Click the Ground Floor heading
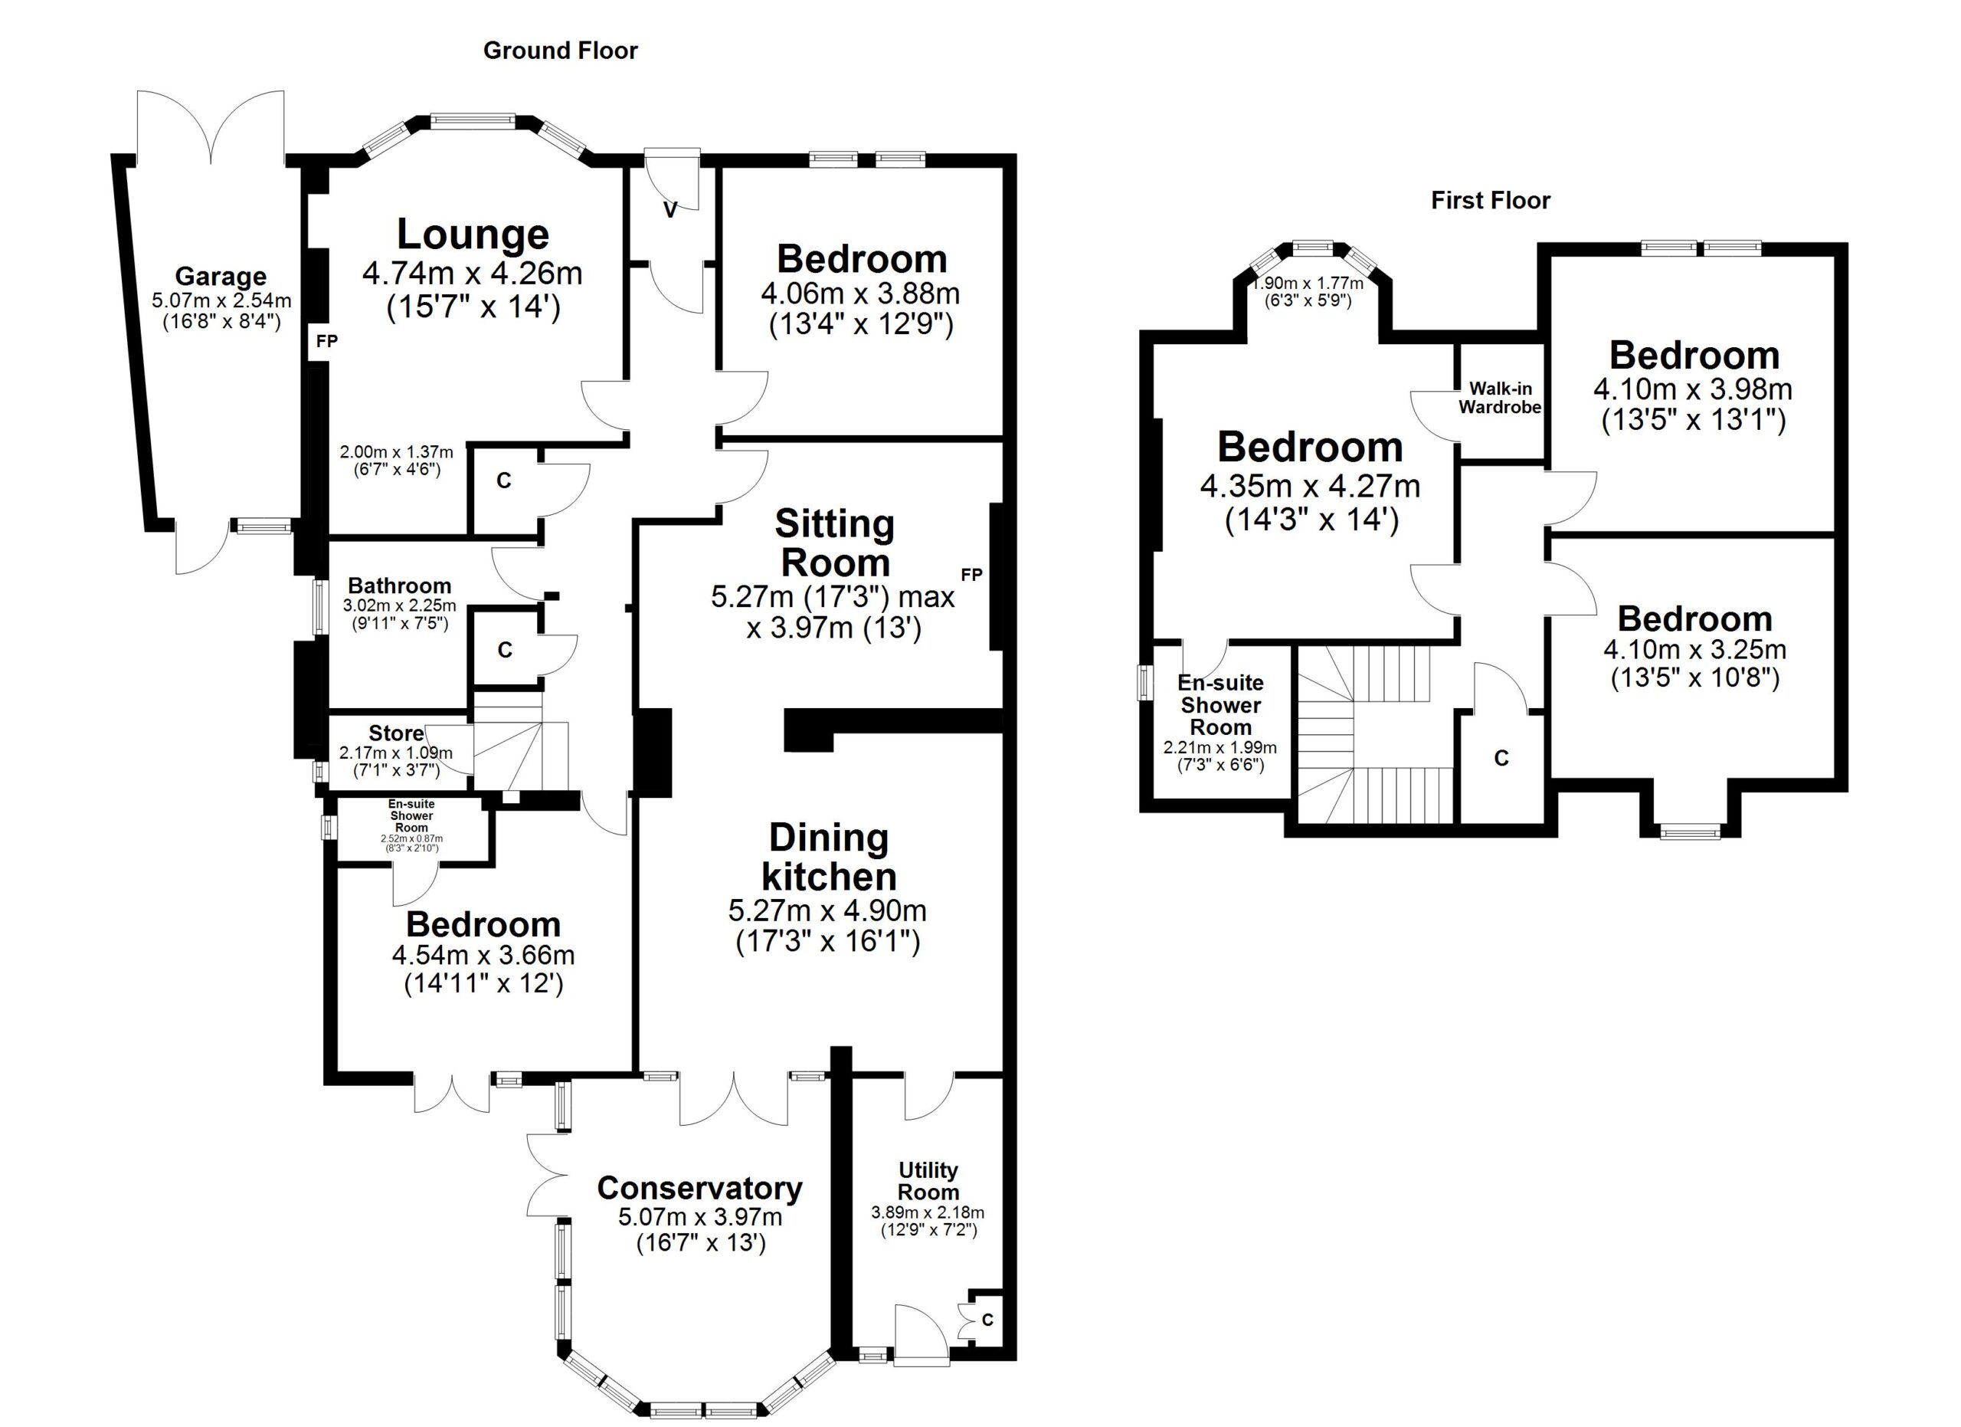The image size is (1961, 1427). click(x=559, y=51)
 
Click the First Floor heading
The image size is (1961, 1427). click(x=1490, y=201)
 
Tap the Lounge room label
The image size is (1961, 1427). click(x=472, y=235)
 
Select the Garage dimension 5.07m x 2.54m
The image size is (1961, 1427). click(x=221, y=301)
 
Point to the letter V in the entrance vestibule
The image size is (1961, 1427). click(x=669, y=209)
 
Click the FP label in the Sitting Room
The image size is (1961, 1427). click(x=971, y=574)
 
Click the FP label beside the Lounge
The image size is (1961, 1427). click(x=326, y=341)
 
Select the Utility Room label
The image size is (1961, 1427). click(x=928, y=1180)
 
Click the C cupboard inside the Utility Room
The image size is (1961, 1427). click(x=987, y=1320)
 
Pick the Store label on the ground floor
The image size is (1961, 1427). click(x=396, y=733)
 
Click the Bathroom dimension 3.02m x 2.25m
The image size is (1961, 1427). click(x=399, y=605)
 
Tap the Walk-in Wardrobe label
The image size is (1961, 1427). click(x=1500, y=398)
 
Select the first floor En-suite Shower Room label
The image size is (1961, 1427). click(x=1220, y=705)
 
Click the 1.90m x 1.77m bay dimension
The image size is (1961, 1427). click(x=1308, y=283)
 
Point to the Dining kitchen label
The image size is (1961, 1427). click(x=828, y=857)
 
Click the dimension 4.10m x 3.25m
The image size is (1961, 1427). click(x=1694, y=648)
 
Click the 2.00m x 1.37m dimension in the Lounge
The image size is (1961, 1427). click(x=396, y=451)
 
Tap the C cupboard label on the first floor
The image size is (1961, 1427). click(x=1501, y=759)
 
